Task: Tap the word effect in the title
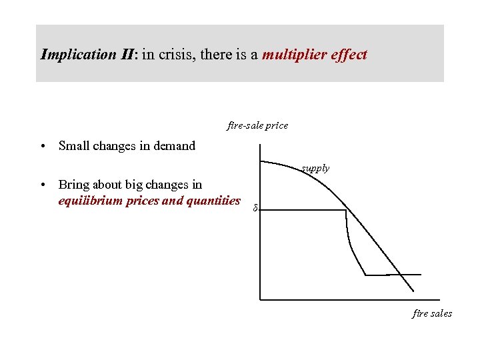point(349,55)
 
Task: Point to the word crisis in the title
point(175,55)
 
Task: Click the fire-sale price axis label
point(257,125)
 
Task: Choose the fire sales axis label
point(432,313)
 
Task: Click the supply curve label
point(315,169)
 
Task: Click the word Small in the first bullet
point(74,145)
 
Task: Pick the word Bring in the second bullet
point(74,185)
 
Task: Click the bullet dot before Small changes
point(42,146)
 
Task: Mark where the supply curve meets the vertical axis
point(261,161)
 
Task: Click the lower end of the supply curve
point(413,291)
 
